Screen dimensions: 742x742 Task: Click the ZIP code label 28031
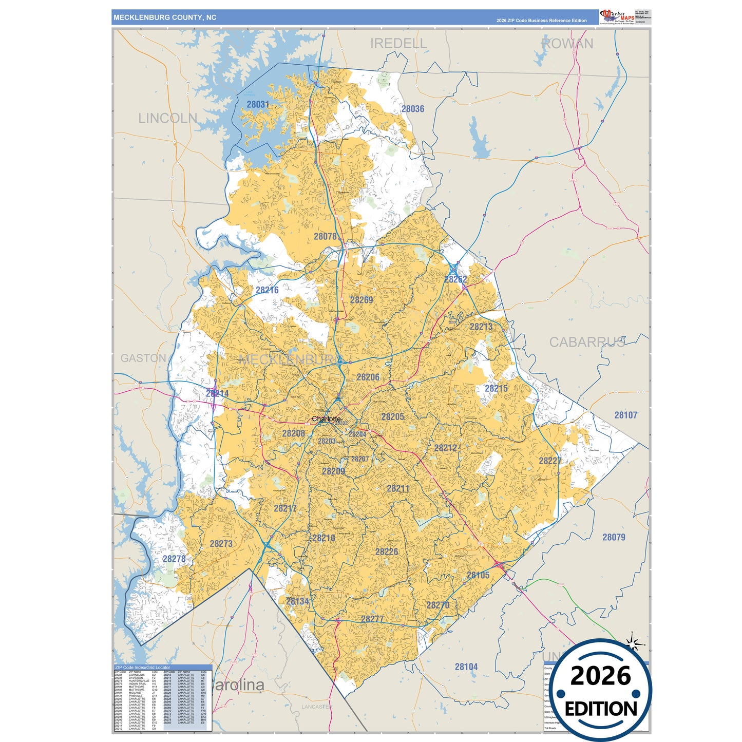[258, 104]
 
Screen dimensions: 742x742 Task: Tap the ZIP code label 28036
[413, 109]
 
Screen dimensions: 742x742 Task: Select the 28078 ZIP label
[326, 236]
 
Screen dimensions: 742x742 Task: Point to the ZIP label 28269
[362, 300]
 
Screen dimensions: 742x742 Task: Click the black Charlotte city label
[326, 419]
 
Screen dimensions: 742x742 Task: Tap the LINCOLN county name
[168, 118]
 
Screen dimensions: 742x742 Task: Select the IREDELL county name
[398, 44]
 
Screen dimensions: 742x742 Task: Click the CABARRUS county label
[587, 342]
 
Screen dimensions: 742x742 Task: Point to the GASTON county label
[143, 358]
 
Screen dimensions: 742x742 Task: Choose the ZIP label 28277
[372, 619]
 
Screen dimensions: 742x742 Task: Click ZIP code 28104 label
[466, 667]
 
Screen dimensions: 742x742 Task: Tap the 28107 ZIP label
[626, 415]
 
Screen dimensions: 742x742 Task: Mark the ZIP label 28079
[614, 537]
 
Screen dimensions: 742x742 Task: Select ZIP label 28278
[174, 559]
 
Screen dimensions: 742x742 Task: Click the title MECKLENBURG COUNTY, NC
[165, 17]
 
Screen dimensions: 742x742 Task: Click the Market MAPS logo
[617, 17]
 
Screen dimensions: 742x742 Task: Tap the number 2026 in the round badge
[600, 676]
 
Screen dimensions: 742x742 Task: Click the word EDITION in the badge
[601, 709]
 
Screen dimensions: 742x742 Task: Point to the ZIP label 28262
[455, 279]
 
